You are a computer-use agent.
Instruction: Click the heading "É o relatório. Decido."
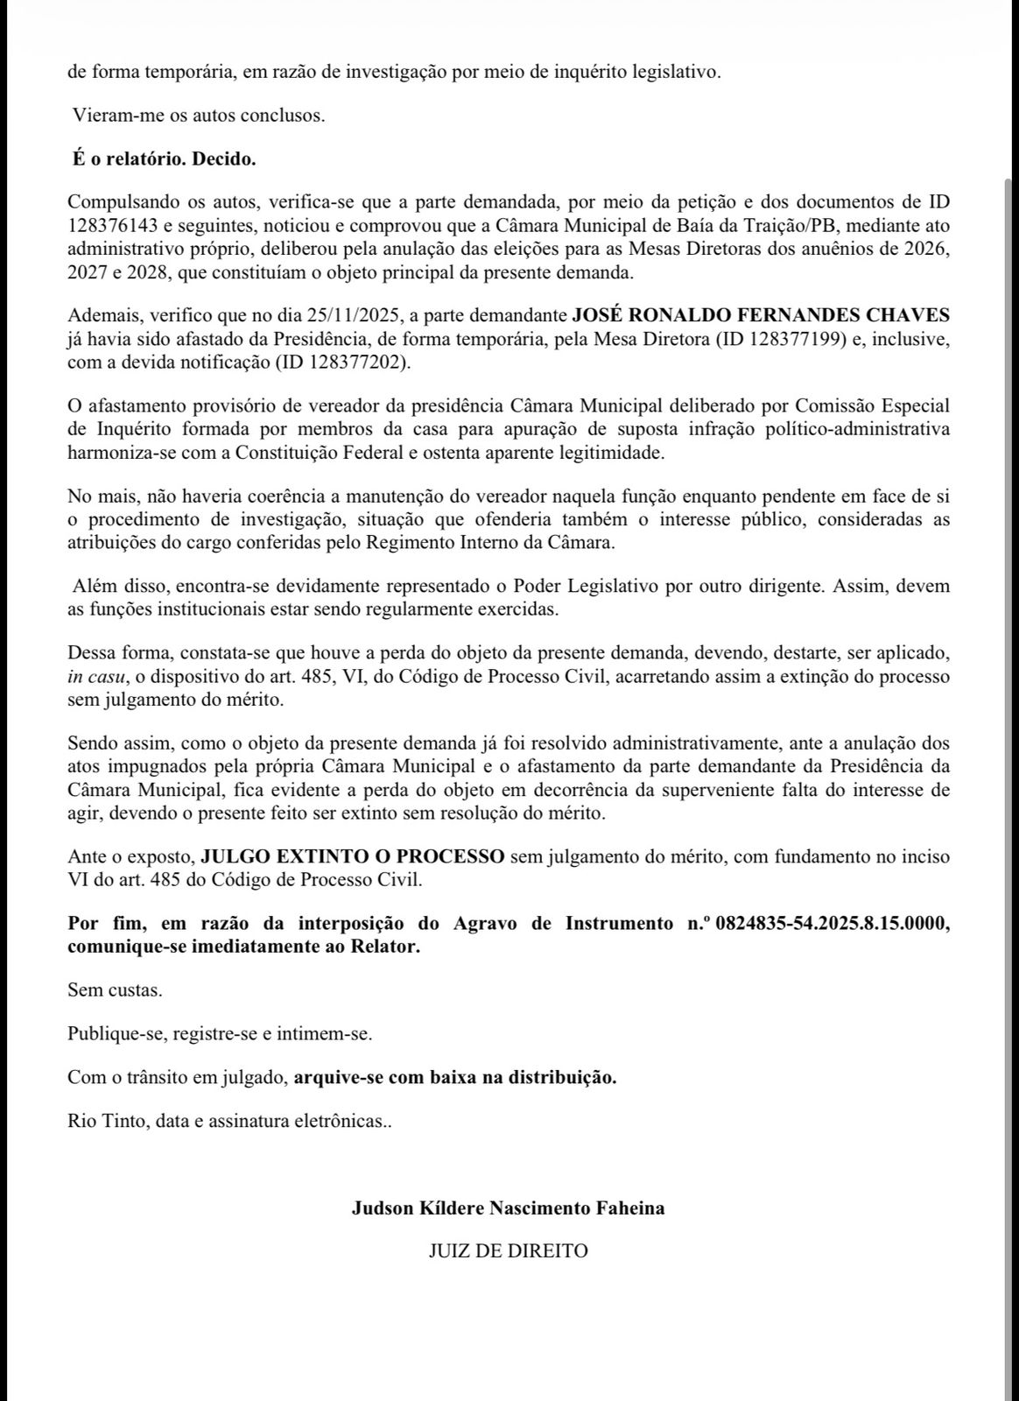[164, 159]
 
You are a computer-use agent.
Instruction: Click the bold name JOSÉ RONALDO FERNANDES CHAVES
[760, 315]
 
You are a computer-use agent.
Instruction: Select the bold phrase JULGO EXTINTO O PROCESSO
[353, 855]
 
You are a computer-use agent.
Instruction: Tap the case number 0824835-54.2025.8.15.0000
[832, 924]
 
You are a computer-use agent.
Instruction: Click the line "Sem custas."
[115, 990]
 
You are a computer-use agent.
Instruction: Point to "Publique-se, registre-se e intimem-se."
[220, 1033]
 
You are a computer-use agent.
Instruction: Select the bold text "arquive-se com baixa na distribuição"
[454, 1077]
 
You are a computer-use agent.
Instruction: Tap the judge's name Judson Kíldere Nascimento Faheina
[508, 1208]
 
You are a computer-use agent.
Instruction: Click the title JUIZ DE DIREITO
[508, 1251]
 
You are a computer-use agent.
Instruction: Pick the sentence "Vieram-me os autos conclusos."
[199, 116]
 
